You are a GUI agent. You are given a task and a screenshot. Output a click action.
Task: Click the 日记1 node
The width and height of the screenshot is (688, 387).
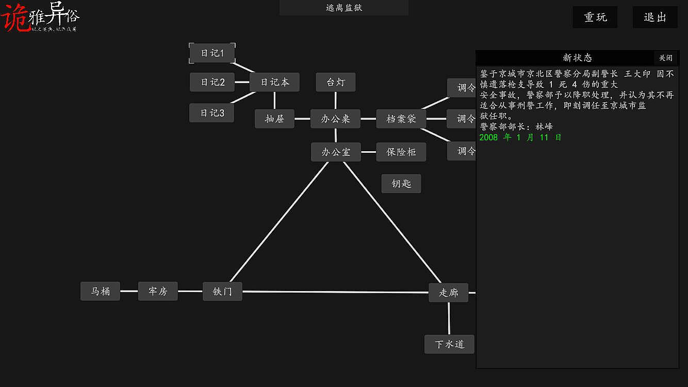(x=212, y=53)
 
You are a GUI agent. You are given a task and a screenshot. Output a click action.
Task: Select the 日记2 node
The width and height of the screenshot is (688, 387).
(x=212, y=82)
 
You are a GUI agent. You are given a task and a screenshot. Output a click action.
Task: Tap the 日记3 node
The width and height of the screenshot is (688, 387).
(x=211, y=113)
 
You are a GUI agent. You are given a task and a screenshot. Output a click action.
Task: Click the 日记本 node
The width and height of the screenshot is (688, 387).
(x=274, y=82)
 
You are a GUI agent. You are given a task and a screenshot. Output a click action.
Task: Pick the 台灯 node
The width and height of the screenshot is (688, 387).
(x=336, y=82)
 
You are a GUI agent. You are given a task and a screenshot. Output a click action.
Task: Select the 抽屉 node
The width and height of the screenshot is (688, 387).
(x=274, y=119)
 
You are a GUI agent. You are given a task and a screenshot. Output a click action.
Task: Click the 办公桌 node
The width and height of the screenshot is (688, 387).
(x=335, y=119)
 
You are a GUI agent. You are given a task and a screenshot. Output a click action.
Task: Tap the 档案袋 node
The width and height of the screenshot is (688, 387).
(x=401, y=119)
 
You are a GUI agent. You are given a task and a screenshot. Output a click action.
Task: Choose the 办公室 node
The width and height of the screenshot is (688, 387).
(x=336, y=152)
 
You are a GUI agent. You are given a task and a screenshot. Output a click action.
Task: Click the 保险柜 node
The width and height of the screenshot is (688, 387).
(x=401, y=152)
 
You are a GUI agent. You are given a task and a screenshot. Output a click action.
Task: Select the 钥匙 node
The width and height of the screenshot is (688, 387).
(x=401, y=184)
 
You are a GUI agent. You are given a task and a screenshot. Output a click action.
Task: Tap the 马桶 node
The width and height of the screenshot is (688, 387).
(x=100, y=291)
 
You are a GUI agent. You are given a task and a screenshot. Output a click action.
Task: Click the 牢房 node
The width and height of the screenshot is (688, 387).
(x=158, y=291)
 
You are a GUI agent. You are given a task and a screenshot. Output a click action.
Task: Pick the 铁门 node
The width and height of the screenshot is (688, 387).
(x=222, y=292)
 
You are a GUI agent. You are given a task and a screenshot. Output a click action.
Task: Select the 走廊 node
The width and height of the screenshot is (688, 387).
(x=448, y=293)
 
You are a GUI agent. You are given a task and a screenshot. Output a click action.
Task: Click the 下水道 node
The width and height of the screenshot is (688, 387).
(x=449, y=344)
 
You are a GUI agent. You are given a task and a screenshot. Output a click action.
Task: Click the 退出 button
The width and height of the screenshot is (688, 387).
(x=655, y=17)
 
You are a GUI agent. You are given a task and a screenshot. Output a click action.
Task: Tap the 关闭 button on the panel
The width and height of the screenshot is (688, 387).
(x=666, y=58)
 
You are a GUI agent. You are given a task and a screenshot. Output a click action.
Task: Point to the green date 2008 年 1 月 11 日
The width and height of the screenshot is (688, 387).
(x=520, y=138)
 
